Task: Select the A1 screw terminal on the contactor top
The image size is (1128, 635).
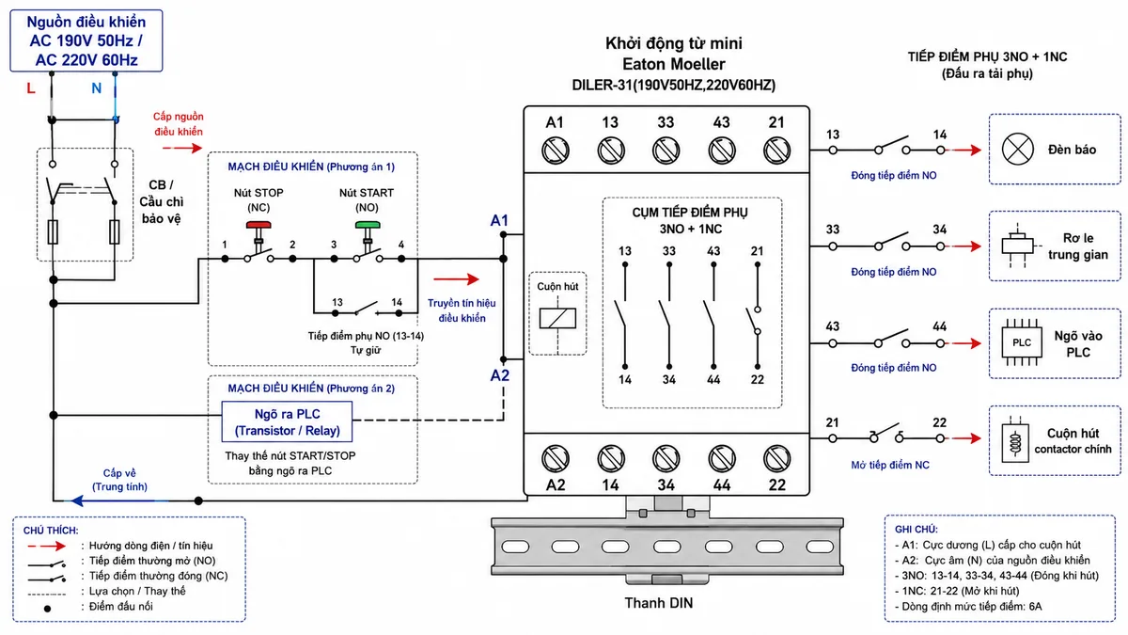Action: [x=556, y=151]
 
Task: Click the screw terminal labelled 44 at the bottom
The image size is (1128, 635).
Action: [x=722, y=459]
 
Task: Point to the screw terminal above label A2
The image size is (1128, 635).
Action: [x=556, y=459]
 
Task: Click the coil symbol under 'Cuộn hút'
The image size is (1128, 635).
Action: [x=557, y=318]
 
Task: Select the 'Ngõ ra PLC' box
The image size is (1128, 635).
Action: [x=287, y=421]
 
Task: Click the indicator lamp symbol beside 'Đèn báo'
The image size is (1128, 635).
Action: [x=1017, y=150]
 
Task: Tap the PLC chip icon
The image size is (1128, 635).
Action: [x=1021, y=342]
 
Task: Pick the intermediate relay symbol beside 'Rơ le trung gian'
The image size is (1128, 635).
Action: [x=1017, y=246]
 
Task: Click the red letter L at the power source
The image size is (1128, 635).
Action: [x=31, y=88]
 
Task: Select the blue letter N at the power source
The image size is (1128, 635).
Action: [x=96, y=88]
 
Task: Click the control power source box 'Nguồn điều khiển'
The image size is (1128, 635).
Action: [x=86, y=40]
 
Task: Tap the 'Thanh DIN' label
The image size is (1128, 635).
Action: [x=659, y=603]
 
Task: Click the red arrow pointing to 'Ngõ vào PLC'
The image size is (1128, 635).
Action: [x=964, y=343]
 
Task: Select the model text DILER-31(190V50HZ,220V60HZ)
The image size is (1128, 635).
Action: [x=673, y=85]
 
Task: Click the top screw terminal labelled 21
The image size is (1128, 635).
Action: [x=777, y=151]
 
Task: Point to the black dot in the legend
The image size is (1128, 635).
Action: [x=47, y=609]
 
